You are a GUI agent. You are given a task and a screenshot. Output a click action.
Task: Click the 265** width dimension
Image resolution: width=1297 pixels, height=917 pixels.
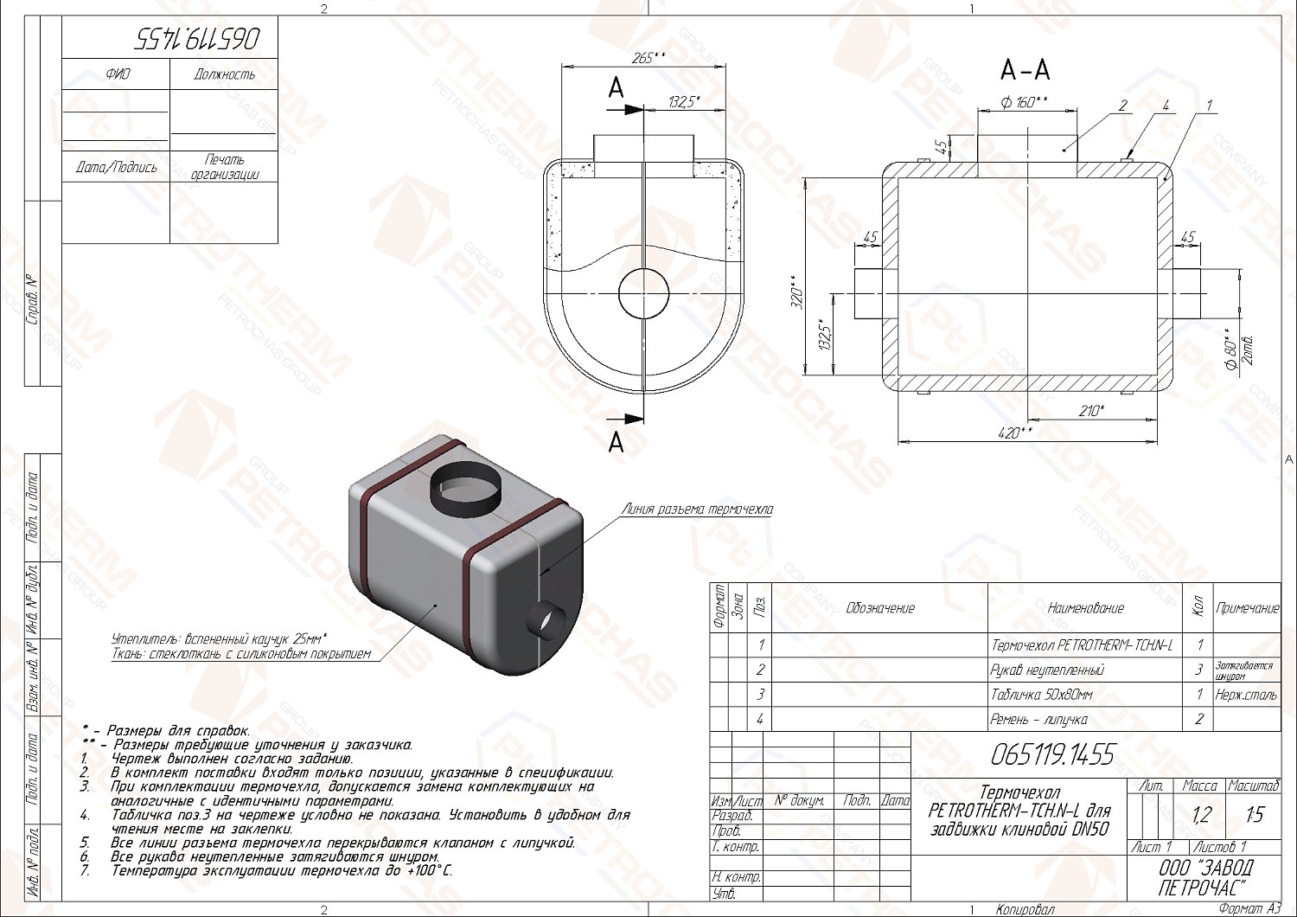pyautogui.click(x=648, y=58)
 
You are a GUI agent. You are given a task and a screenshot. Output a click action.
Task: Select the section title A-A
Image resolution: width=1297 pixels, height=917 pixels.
pyautogui.click(x=1025, y=69)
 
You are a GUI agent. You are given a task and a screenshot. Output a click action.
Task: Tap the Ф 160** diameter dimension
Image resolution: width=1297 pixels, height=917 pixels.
pyautogui.click(x=1025, y=102)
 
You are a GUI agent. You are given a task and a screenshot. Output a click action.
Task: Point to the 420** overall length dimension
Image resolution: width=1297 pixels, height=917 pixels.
pyautogui.click(x=1017, y=433)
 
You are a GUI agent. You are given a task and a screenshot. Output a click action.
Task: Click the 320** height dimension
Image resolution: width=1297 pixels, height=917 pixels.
pyautogui.click(x=798, y=293)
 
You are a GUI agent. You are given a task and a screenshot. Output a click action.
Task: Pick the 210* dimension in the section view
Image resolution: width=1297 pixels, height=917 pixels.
pyautogui.click(x=1091, y=411)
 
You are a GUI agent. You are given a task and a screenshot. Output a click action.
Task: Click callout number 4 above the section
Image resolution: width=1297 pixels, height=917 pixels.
pyautogui.click(x=1166, y=106)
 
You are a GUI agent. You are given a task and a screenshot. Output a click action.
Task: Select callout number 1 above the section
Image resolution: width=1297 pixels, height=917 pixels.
pyautogui.click(x=1209, y=106)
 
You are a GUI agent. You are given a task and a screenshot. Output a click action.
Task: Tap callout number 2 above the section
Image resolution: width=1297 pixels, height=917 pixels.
pyautogui.click(x=1122, y=106)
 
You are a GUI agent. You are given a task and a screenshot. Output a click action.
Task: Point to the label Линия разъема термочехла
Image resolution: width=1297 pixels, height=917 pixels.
pyautogui.click(x=697, y=510)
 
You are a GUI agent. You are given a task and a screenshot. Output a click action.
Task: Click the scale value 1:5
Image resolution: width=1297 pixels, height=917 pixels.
pyautogui.click(x=1254, y=814)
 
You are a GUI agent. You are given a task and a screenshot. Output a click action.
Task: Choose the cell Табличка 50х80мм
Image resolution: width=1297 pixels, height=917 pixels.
pyautogui.click(x=1041, y=694)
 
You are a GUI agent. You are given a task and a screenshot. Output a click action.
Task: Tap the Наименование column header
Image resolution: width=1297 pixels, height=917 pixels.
pyautogui.click(x=1085, y=608)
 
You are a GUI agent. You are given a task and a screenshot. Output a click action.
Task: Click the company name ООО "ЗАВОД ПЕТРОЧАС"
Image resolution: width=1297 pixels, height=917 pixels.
pyautogui.click(x=1204, y=877)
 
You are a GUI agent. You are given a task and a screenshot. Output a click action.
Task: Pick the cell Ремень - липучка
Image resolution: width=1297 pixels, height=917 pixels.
pyautogui.click(x=1038, y=719)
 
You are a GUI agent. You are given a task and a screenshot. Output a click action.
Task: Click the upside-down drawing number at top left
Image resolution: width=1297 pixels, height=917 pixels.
pyautogui.click(x=197, y=38)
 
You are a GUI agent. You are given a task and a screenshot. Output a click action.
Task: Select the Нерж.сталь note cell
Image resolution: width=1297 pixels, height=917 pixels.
pyautogui.click(x=1246, y=694)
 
